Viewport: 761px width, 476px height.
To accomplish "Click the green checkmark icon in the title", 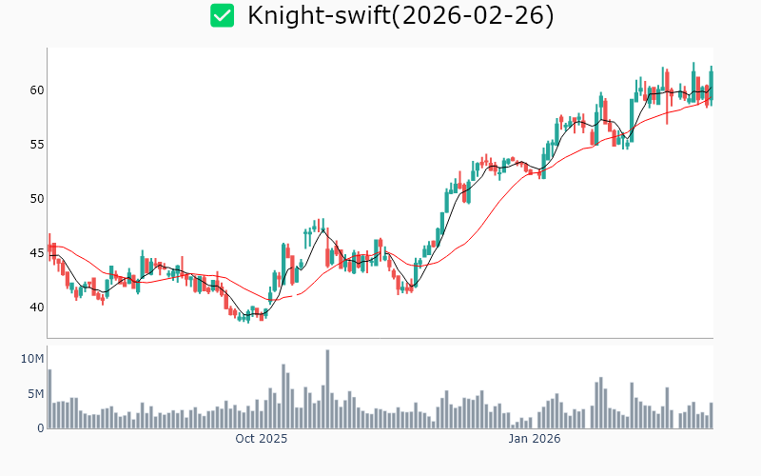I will click(x=222, y=15).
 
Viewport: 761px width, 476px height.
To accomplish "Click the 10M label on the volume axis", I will click(x=32, y=358).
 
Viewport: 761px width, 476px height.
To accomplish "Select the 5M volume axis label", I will click(x=34, y=394).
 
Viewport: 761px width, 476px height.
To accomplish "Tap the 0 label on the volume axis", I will click(x=40, y=428).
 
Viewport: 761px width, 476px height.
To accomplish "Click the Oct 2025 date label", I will click(x=262, y=439).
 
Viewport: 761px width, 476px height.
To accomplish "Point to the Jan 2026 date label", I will click(x=534, y=439).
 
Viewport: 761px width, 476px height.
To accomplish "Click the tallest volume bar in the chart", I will click(x=327, y=389).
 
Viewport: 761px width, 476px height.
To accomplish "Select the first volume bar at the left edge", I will click(x=49, y=399).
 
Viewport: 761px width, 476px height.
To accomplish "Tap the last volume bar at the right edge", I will click(x=711, y=415).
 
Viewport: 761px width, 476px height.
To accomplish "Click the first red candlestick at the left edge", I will click(x=49, y=249).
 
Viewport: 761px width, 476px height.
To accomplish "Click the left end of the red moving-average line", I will click(x=49, y=244).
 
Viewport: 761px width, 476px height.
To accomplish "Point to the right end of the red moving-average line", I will click(x=712, y=97).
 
